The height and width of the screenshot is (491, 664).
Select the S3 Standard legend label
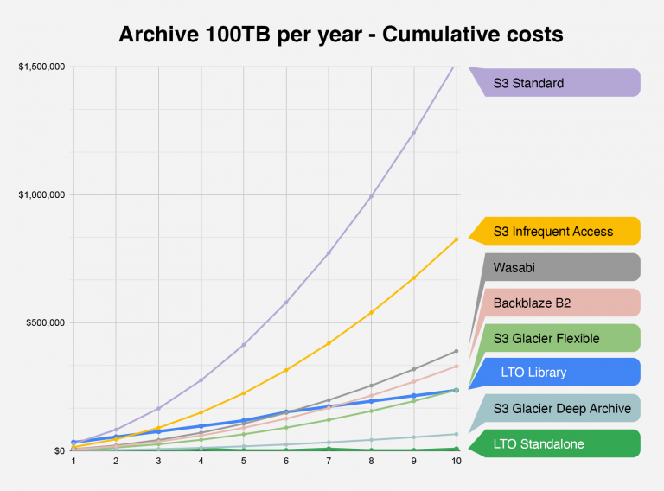coord(528,84)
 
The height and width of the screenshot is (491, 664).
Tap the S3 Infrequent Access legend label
coord(552,231)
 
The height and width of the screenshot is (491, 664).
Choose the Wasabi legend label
coord(514,268)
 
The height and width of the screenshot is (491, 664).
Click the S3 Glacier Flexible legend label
coord(546,339)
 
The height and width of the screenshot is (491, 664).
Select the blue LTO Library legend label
coord(533,373)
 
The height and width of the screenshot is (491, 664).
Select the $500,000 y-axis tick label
coord(44,322)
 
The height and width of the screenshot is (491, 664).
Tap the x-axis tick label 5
coord(244,462)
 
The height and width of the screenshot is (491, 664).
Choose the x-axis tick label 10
coord(456,462)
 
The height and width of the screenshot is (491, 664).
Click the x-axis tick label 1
coord(73,462)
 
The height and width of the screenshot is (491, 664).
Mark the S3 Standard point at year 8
coord(371,196)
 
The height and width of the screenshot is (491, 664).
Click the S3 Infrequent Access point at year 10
coord(456,239)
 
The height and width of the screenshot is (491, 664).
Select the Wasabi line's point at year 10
coord(456,351)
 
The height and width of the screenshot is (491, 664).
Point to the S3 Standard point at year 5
coord(244,345)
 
